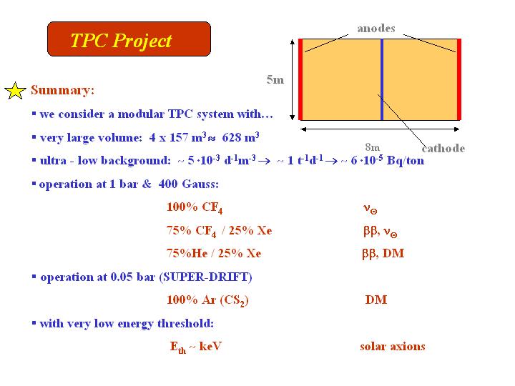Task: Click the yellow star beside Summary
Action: pos(15,91)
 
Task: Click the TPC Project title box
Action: pos(129,39)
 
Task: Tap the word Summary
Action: pos(62,90)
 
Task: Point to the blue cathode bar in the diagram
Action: pos(382,79)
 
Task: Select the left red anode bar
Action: pos(300,79)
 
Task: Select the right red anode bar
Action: pos(459,79)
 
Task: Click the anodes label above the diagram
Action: pos(376,29)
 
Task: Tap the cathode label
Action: pos(443,149)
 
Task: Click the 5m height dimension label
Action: pos(275,79)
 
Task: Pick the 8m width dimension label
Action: pos(373,147)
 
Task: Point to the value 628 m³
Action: pos(241,137)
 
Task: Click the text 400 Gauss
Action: pos(188,184)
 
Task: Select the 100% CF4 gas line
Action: pos(195,207)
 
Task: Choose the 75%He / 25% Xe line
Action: pos(214,253)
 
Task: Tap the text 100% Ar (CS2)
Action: pos(207,300)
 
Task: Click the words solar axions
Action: pos(393,347)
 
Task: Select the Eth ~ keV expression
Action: pos(196,347)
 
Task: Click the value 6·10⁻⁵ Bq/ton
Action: pos(388,160)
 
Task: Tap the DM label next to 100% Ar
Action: pos(376,300)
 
